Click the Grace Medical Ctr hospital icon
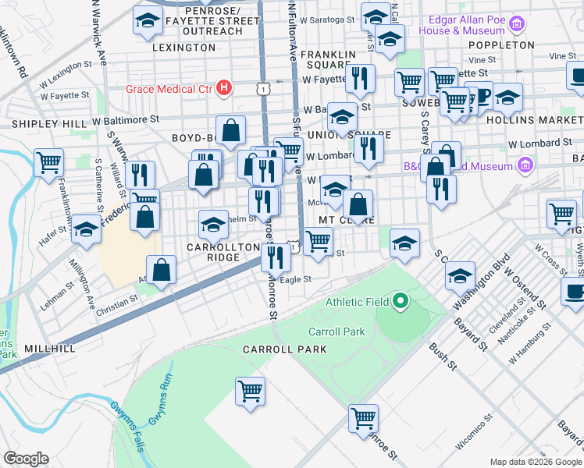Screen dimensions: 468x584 [225, 87]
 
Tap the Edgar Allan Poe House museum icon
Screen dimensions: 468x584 [515, 25]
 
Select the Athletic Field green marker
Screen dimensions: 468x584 [401, 300]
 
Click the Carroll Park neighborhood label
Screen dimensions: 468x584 [284, 349]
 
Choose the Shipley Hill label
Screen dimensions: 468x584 [48, 124]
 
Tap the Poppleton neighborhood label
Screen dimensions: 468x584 [501, 45]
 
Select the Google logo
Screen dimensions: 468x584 [26, 459]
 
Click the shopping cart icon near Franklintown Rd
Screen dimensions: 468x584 [48, 162]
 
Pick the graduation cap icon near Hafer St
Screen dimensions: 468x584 [86, 230]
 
